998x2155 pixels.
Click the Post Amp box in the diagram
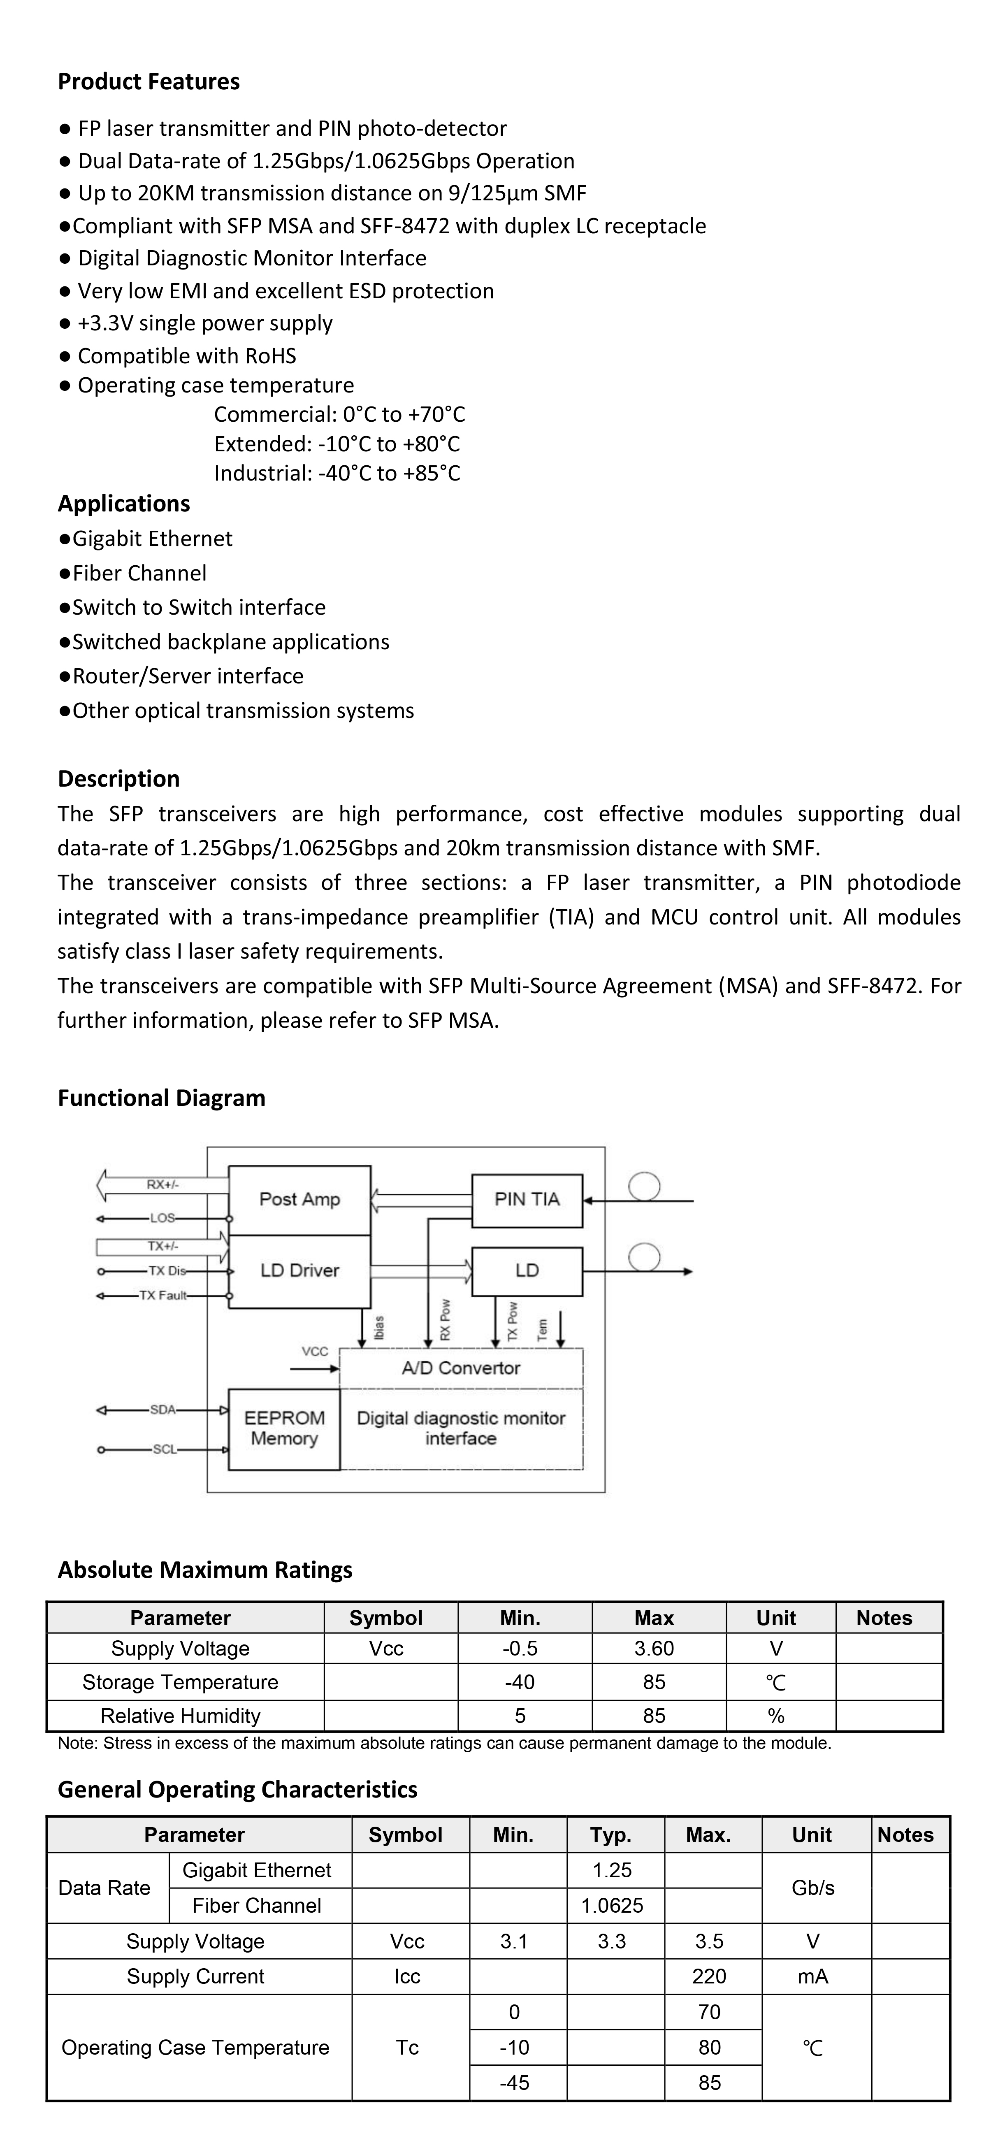299,1200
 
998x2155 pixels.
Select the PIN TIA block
527,1200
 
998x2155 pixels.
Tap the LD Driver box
299,1271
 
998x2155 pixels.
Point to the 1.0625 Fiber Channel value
613,1906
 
